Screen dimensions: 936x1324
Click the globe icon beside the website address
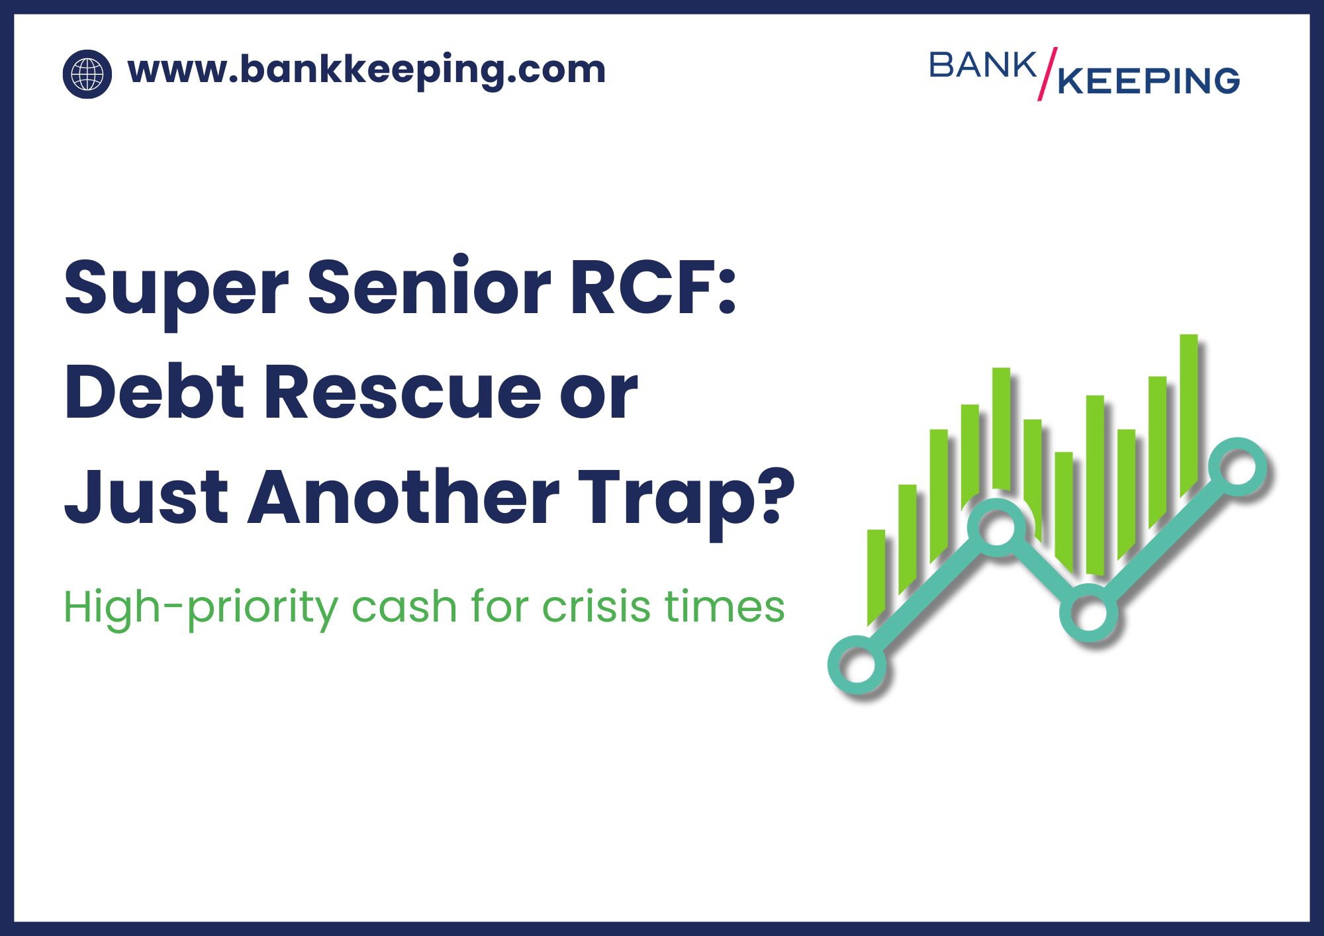[87, 74]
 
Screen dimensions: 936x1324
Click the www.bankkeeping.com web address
[366, 70]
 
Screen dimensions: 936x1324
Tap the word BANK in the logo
[982, 66]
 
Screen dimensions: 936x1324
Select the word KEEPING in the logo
[1149, 81]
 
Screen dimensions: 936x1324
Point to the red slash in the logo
[1047, 73]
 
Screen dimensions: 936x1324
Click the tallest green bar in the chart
[1189, 410]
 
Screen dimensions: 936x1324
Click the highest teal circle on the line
[1237, 467]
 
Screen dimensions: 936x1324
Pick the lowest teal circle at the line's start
[857, 665]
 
